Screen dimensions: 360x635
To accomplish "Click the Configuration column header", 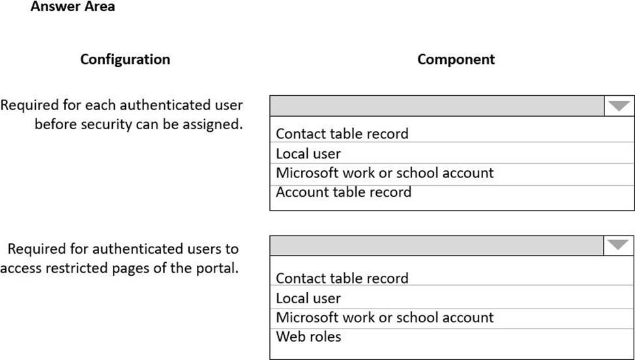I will pos(125,59).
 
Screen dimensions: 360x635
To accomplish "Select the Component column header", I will pos(456,59).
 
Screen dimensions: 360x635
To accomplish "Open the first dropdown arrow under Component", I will pos(619,106).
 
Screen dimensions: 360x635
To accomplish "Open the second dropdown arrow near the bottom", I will pos(619,245).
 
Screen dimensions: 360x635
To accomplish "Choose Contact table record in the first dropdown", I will pos(342,134).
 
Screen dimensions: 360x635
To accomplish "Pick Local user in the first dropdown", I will pos(308,154).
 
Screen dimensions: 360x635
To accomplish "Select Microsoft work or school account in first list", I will pos(385,173).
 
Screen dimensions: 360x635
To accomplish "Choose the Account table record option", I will pos(344,192).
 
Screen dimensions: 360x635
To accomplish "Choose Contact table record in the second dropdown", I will pos(342,278).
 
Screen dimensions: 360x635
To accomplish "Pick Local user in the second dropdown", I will pos(308,299).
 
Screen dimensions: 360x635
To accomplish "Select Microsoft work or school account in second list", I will pos(385,318).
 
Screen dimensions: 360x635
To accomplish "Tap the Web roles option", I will pos(308,337).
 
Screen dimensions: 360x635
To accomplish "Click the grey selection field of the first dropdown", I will pos(437,106).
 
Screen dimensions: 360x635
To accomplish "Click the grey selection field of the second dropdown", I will pos(437,245).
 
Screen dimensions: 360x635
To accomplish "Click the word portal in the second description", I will pos(214,268).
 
